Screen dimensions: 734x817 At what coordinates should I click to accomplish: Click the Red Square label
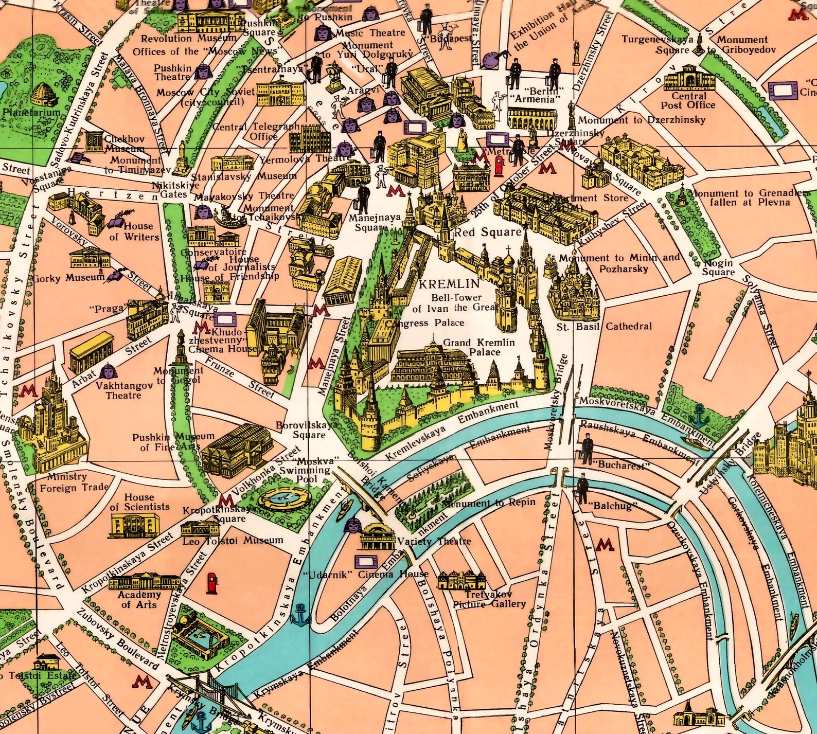click(487, 232)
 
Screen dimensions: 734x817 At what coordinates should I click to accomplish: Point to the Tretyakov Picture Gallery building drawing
click(461, 580)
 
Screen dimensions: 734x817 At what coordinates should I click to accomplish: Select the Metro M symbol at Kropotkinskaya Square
click(225, 500)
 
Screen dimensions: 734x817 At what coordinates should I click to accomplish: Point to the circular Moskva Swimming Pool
click(283, 498)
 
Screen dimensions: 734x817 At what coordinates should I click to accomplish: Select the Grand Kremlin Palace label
click(478, 347)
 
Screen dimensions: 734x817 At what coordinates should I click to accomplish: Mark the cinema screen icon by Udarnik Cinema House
click(366, 561)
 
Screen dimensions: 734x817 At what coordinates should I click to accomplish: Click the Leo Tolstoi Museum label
click(233, 541)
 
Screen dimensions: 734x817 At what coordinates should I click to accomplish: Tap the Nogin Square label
click(718, 267)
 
